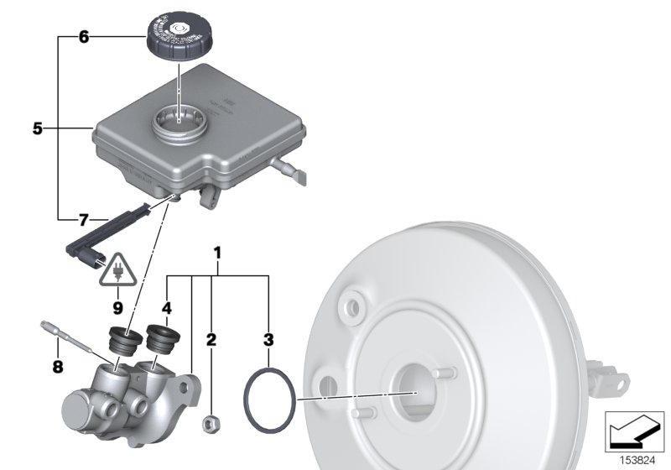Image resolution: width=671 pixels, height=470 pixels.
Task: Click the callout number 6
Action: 83,37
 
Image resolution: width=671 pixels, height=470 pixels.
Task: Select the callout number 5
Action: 37,129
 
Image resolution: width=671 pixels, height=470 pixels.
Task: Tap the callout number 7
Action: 83,220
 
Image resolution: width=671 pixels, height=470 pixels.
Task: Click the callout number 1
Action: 218,252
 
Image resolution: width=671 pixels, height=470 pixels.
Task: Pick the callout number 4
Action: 167,308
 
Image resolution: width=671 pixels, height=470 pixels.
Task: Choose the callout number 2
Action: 211,339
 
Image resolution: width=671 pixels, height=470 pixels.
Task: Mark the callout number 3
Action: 268,339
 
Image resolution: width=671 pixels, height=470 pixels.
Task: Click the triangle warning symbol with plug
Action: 117,269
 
